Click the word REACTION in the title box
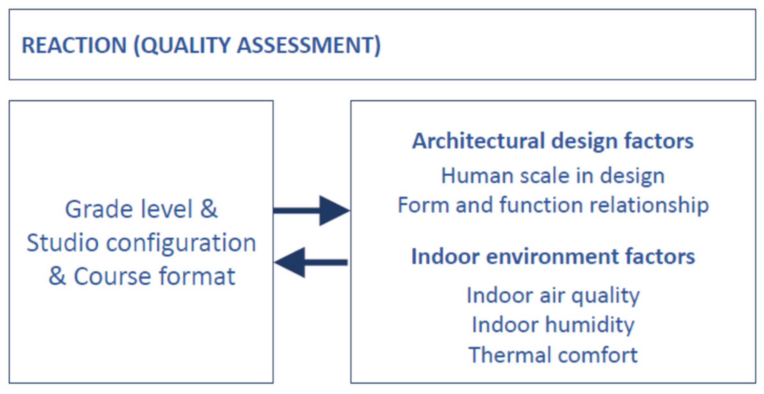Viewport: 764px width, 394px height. point(74,45)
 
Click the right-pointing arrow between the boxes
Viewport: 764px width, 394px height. point(311,211)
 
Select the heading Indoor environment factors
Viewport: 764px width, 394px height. point(553,257)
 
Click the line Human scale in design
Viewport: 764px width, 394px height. point(553,176)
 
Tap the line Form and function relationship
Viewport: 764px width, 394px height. point(553,206)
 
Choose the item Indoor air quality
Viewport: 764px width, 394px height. point(553,296)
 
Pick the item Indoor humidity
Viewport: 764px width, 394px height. point(553,325)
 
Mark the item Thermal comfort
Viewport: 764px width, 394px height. point(553,355)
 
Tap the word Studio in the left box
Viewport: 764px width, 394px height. point(62,243)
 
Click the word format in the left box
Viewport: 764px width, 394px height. point(197,276)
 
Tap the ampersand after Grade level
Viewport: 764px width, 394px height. point(209,209)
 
